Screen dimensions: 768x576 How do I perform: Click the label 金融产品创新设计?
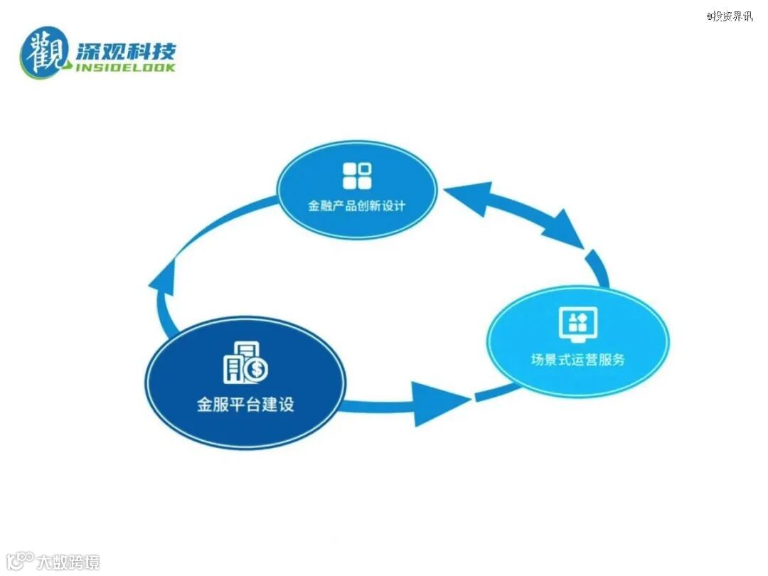point(356,206)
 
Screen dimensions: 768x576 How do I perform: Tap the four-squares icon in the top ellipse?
point(357,176)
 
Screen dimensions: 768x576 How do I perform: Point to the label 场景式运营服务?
point(577,359)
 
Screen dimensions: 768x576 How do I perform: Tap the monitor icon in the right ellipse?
point(577,323)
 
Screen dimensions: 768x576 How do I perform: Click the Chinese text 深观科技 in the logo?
point(124,51)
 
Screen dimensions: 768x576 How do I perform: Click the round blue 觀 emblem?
point(46,51)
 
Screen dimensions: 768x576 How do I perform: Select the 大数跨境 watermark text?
point(68,562)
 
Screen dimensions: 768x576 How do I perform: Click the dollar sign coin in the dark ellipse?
point(257,368)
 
